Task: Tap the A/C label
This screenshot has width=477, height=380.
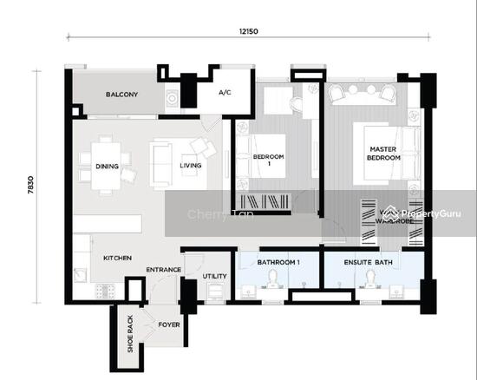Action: pyautogui.click(x=224, y=92)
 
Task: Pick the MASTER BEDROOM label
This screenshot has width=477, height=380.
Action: pyautogui.click(x=382, y=154)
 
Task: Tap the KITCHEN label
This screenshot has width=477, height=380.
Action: pyautogui.click(x=117, y=259)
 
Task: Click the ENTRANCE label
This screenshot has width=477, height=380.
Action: pyautogui.click(x=163, y=270)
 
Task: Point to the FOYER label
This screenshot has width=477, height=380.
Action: pyautogui.click(x=167, y=325)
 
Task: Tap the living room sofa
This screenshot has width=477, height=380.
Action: pyautogui.click(x=161, y=164)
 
